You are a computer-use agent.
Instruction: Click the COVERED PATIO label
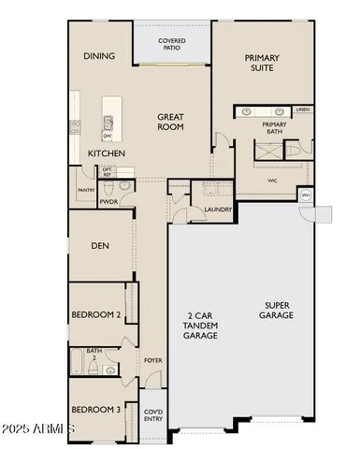click(x=171, y=44)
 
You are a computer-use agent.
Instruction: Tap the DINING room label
click(x=99, y=56)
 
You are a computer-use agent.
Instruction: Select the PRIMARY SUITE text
click(x=262, y=63)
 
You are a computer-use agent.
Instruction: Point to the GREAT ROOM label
click(x=175, y=123)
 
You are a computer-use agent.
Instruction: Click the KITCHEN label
click(x=108, y=152)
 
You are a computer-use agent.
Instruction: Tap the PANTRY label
click(x=86, y=190)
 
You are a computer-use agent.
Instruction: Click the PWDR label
click(x=109, y=200)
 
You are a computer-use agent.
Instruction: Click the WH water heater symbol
click(x=306, y=195)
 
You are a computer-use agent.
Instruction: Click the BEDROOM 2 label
click(x=96, y=315)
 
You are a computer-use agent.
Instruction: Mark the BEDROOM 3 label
click(x=96, y=410)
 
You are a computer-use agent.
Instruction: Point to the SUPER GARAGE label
click(x=278, y=310)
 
